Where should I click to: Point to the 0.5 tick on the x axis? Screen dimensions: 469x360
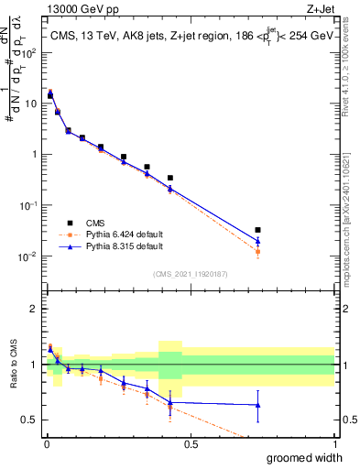191,443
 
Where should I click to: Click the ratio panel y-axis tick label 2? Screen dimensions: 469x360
36,309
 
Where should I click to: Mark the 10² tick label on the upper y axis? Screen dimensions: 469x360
31,52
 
